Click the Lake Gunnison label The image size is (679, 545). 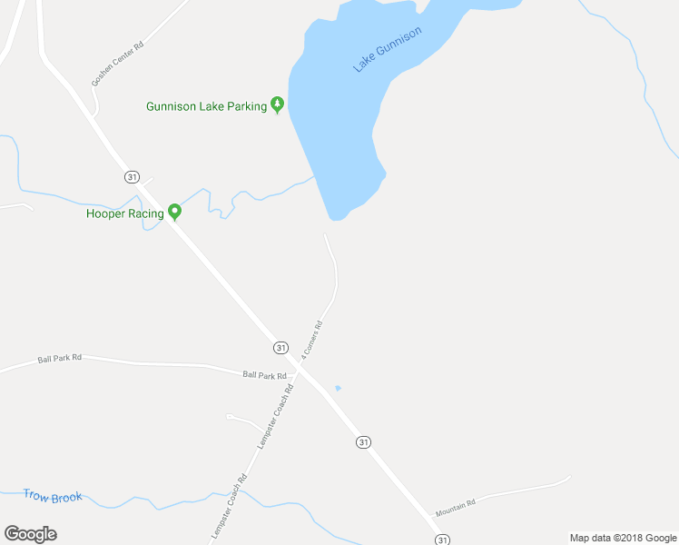(x=388, y=50)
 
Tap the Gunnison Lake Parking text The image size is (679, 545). (x=207, y=106)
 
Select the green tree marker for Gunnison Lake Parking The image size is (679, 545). (x=278, y=105)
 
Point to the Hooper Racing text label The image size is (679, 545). (x=124, y=213)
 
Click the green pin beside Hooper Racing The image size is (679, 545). (x=175, y=213)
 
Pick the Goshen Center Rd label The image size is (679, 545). (x=117, y=64)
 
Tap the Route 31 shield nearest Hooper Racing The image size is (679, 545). (x=133, y=176)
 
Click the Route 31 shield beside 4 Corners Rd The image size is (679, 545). (x=280, y=348)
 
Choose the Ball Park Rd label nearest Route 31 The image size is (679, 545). (x=263, y=374)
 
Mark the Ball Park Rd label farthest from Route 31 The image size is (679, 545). (x=60, y=358)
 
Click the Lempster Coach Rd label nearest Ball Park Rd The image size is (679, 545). (x=276, y=413)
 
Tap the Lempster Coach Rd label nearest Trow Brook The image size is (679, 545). (x=230, y=507)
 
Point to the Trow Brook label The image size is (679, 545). (x=53, y=497)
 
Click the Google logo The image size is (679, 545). (x=30, y=534)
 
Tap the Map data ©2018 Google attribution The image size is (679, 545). (x=623, y=538)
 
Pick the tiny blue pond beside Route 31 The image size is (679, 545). (x=338, y=388)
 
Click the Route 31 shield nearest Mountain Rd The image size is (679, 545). (x=442, y=540)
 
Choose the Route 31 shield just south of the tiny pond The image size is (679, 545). (x=363, y=441)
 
